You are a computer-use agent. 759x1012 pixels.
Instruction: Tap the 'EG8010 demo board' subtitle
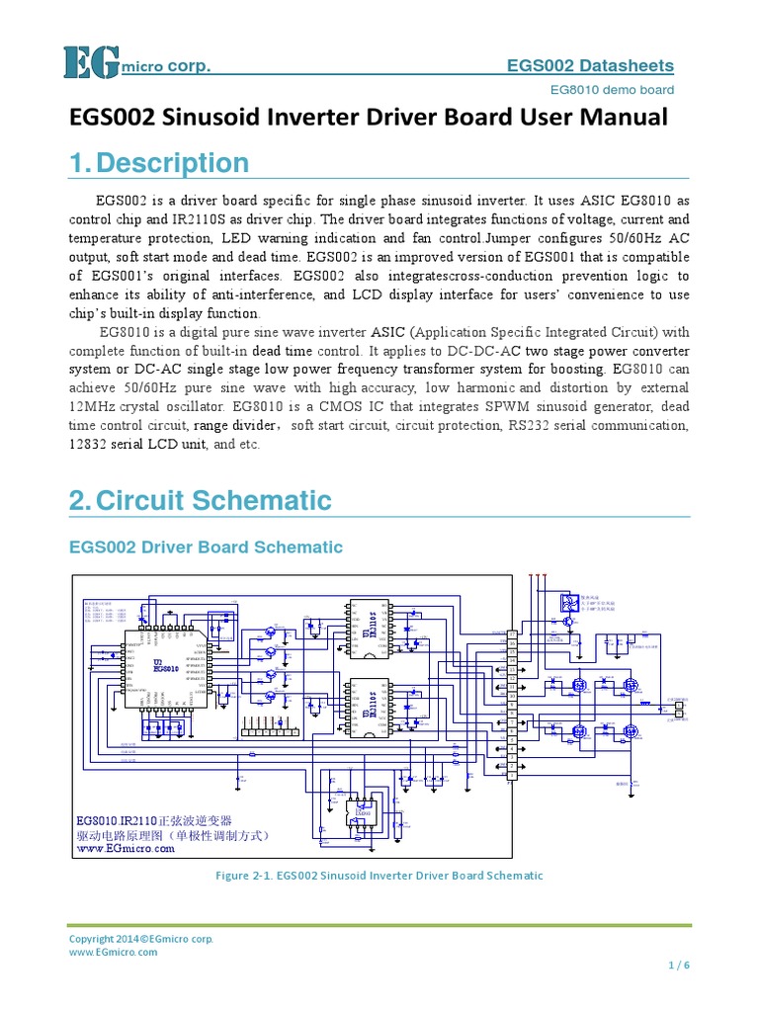tap(612, 90)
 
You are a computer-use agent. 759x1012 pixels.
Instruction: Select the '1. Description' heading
tap(159, 163)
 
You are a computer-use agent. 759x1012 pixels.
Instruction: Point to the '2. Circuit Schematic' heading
tap(201, 499)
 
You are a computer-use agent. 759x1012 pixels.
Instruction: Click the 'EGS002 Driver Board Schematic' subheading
tap(206, 547)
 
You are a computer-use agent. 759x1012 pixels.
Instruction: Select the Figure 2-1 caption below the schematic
tap(379, 876)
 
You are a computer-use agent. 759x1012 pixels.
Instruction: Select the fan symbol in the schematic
tap(567, 604)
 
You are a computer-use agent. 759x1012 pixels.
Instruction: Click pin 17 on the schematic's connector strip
tap(512, 634)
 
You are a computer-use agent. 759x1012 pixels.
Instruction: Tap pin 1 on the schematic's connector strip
tap(512, 776)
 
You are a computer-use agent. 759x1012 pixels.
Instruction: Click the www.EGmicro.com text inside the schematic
tap(126, 848)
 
